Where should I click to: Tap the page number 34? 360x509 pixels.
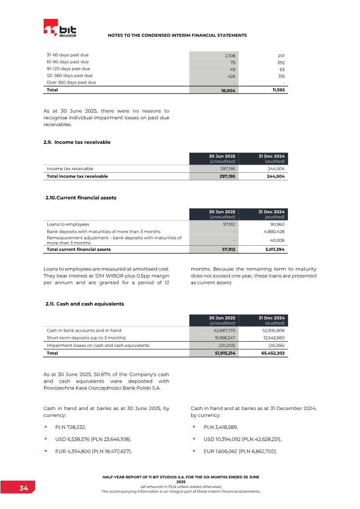(x=24, y=488)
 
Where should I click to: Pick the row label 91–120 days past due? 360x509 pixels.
(x=68, y=69)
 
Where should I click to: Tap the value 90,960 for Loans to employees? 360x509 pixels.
(x=276, y=224)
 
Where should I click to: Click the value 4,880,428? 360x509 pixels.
(x=274, y=232)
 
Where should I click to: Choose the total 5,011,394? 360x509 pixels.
(x=274, y=249)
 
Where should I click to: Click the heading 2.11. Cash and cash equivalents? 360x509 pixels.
(x=85, y=304)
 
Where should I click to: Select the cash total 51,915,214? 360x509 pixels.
(x=224, y=353)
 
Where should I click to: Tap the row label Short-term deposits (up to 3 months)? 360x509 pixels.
(x=86, y=338)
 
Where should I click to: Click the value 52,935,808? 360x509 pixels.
(x=272, y=330)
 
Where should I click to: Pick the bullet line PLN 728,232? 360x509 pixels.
(x=70, y=427)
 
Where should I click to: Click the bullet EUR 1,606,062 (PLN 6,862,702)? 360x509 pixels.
(x=240, y=451)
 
